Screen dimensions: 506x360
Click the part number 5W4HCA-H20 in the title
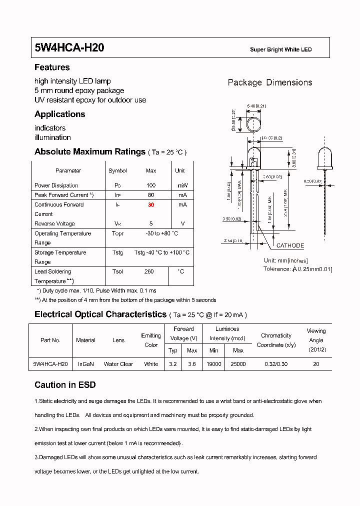[x=69, y=48]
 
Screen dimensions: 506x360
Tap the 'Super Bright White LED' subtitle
[x=280, y=49]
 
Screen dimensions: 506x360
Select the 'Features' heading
[x=52, y=67]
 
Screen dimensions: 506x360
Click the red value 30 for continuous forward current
[x=150, y=204]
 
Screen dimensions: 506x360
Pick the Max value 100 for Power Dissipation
[x=150, y=185]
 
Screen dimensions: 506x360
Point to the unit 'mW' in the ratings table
[x=182, y=185]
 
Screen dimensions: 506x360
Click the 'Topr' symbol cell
[x=117, y=233]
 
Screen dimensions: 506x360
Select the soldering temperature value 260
[x=149, y=271]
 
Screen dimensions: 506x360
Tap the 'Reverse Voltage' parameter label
[x=54, y=223]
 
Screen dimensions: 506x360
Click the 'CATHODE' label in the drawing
[x=290, y=245]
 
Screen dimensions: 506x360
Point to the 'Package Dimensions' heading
[x=270, y=82]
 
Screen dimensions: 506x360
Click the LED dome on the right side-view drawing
[x=325, y=158]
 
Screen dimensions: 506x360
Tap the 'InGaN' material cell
[x=85, y=364]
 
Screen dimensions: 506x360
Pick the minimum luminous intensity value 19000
[x=213, y=364]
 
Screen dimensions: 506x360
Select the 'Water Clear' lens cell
[x=118, y=364]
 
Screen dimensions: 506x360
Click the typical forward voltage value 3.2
[x=172, y=364]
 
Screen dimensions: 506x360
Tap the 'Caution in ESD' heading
[x=65, y=385]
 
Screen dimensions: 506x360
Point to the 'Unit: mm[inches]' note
[x=285, y=260]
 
